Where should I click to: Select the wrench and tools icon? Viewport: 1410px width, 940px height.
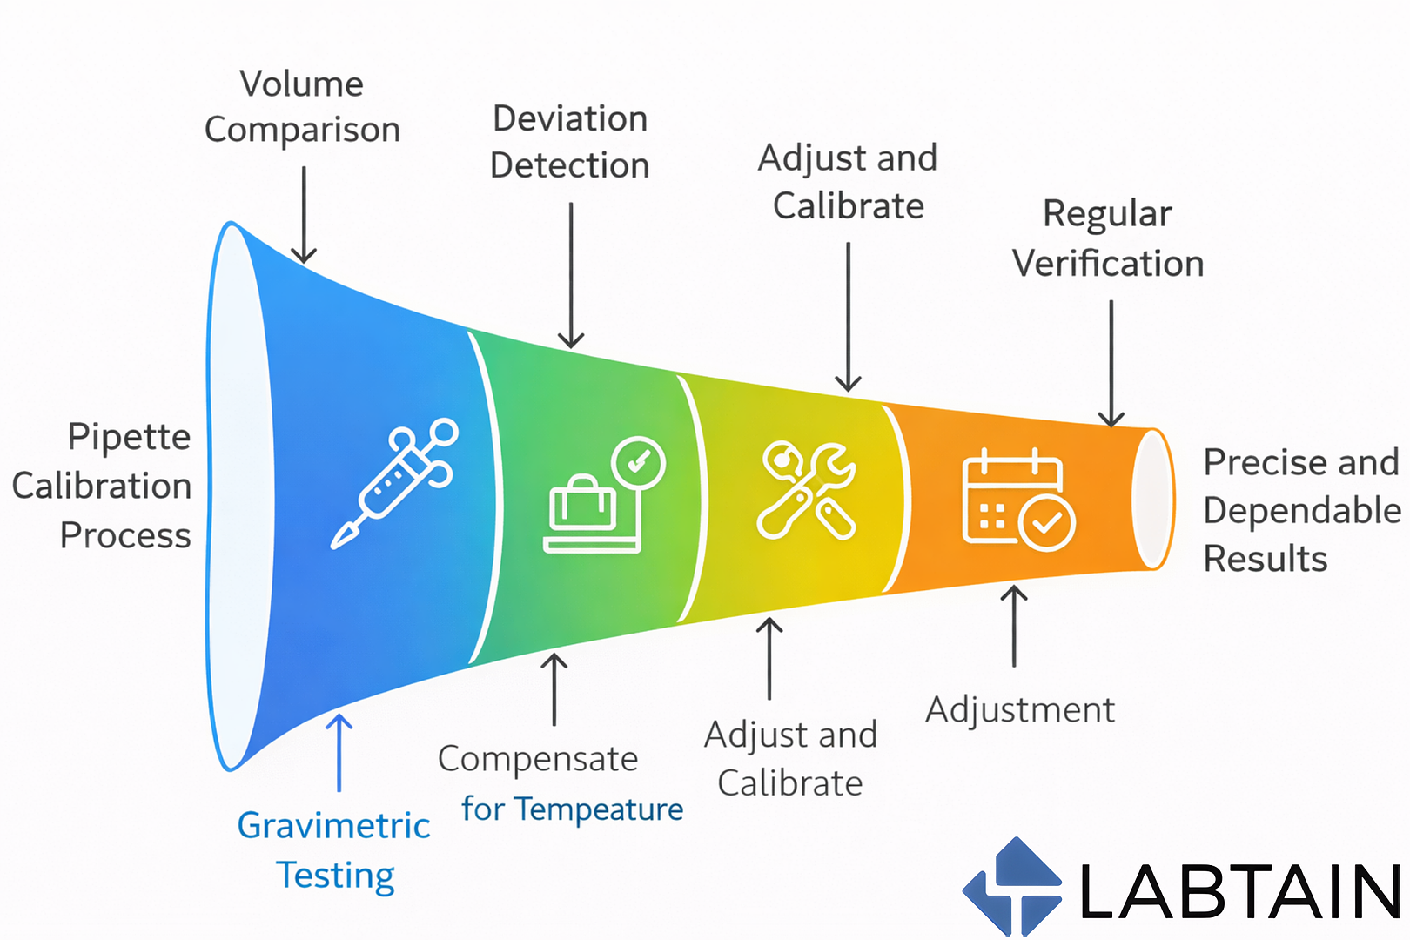tap(806, 490)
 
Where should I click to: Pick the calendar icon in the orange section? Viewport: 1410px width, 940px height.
tap(1017, 500)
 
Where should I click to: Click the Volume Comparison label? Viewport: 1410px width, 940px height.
tap(302, 107)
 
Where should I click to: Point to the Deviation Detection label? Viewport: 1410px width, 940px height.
tap(570, 142)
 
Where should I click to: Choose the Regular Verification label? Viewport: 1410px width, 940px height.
tap(1108, 238)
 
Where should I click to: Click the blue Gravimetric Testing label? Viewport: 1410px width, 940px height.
tap(334, 849)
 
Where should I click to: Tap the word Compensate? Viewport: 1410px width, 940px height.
tap(538, 759)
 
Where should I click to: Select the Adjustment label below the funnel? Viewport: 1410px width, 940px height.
tap(1020, 710)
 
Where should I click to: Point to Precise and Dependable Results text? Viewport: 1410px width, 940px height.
tap(1301, 510)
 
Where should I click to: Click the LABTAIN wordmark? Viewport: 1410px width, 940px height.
tap(1239, 891)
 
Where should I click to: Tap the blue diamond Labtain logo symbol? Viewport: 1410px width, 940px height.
tap(1012, 887)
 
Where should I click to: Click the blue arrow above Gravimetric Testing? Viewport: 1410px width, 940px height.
tap(339, 752)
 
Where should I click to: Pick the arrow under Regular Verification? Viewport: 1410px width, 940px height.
tap(1111, 363)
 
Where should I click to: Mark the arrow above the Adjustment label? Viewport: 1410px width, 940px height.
tap(1014, 626)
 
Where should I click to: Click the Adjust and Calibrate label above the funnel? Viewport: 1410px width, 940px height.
tap(848, 182)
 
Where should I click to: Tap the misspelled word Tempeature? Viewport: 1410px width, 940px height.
tap(600, 809)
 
